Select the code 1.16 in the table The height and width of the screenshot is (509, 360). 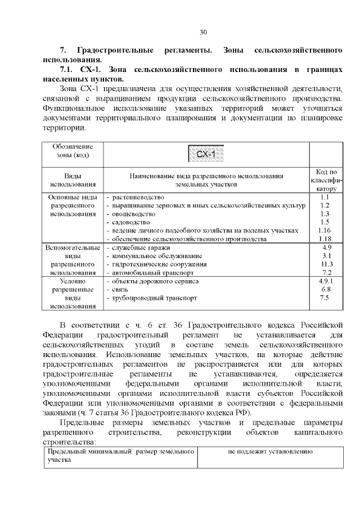324,231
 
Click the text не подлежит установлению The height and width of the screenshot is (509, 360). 270,452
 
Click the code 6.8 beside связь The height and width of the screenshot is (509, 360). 325,289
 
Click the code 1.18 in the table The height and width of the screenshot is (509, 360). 324,239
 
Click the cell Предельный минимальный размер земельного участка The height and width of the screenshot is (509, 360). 120,456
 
